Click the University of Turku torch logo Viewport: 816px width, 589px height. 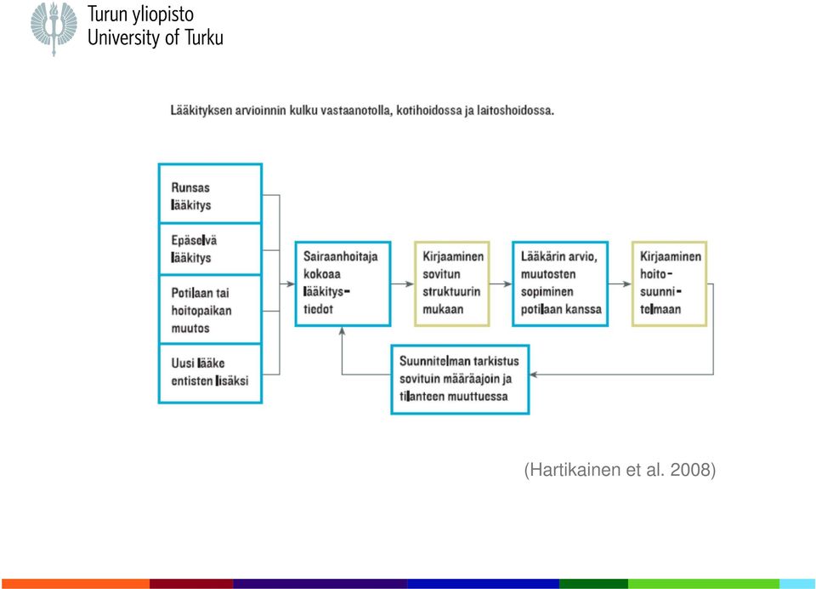[x=54, y=28]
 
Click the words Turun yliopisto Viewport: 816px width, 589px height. [x=140, y=14]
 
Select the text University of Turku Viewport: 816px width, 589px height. [x=155, y=37]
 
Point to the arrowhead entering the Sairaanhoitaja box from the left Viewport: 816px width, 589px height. [x=291, y=284]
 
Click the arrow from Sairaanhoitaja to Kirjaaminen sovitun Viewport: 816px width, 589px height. [x=403, y=284]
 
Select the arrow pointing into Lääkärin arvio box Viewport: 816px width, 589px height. [x=501, y=284]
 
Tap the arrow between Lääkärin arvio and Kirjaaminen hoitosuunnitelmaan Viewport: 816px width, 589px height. [x=620, y=284]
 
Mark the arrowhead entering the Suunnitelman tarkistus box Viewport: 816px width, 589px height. [x=534, y=375]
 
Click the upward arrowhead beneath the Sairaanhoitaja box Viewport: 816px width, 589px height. [x=342, y=330]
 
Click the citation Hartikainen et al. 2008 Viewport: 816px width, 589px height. [x=620, y=470]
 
